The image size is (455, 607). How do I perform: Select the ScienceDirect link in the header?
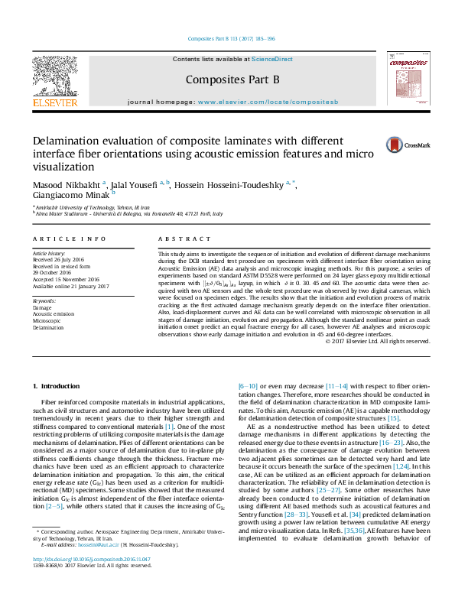[x=272, y=59]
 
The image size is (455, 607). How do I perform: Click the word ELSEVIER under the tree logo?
[x=54, y=102]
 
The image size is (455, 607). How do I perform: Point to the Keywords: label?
[x=44, y=301]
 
